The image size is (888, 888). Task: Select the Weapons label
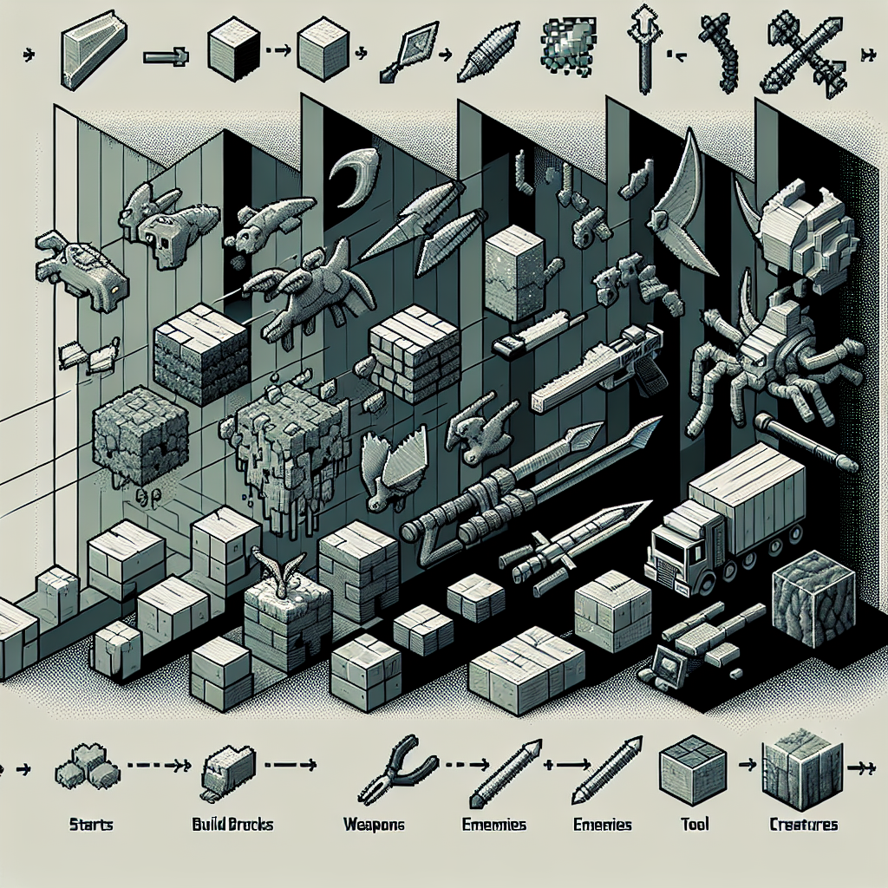coord(374,825)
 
